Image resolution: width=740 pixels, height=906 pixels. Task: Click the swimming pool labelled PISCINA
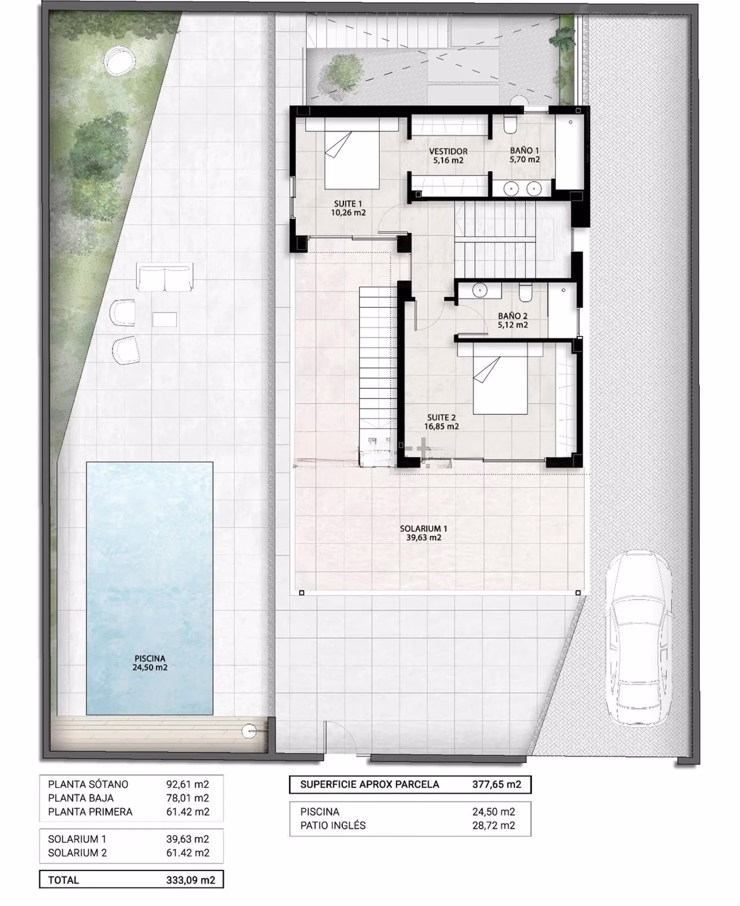149,588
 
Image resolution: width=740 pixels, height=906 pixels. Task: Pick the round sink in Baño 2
479,290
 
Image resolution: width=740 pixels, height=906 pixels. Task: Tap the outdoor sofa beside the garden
164,279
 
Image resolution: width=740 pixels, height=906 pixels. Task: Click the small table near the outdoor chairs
164,319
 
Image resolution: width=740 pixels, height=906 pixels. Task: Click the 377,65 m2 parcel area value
496,784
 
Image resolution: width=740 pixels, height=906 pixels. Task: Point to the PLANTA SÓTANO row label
88,784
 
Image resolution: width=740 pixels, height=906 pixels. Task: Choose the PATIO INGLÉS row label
333,826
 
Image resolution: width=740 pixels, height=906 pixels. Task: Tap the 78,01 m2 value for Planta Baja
187,798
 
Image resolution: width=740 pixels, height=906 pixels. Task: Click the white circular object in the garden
119,62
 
